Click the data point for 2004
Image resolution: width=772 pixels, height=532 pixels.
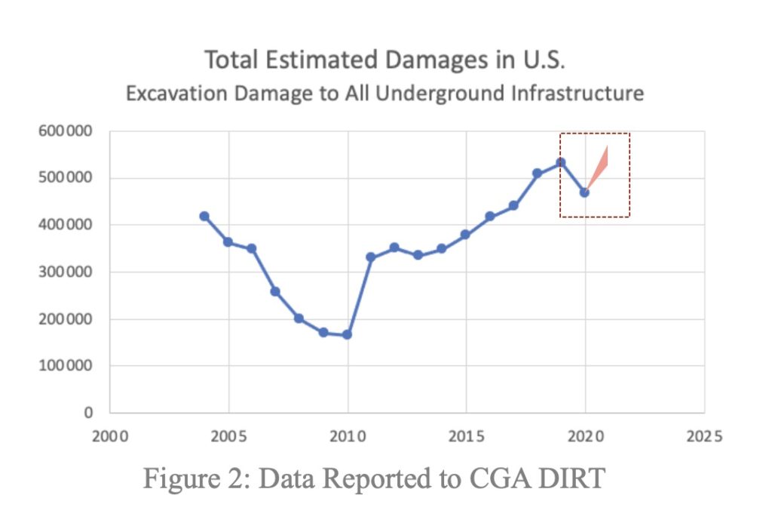(204, 217)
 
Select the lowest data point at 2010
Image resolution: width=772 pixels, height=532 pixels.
(348, 334)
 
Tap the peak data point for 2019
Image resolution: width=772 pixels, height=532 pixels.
(561, 162)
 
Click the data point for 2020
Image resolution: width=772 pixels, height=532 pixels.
(584, 192)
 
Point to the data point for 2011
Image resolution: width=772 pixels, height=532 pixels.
(371, 257)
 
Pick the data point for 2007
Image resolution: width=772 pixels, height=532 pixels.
(275, 291)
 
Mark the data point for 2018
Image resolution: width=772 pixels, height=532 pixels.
(538, 174)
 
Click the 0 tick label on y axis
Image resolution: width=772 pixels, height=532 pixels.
(88, 414)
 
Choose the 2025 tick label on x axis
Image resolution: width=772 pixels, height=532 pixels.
(704, 436)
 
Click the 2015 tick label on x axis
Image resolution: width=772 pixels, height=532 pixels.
(466, 436)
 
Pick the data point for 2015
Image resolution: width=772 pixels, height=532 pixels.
(466, 235)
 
